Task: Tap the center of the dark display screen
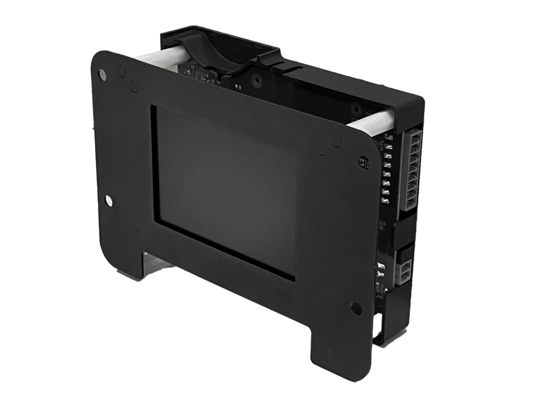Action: pos(227,192)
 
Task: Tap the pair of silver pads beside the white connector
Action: pos(381,269)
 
